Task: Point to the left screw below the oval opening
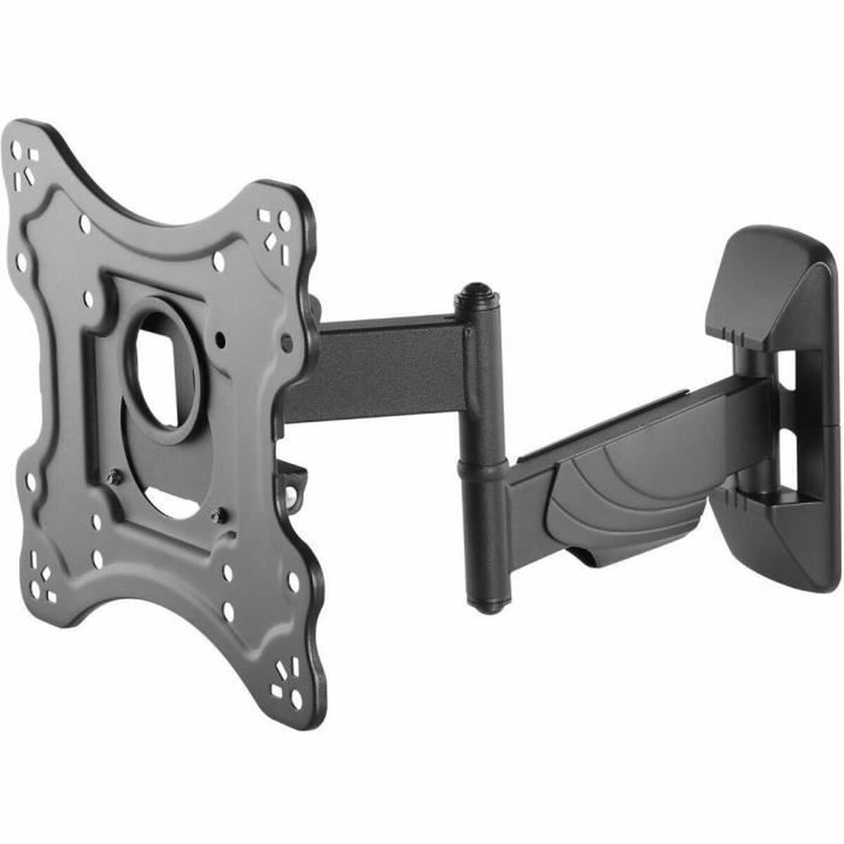pyautogui.click(x=112, y=478)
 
